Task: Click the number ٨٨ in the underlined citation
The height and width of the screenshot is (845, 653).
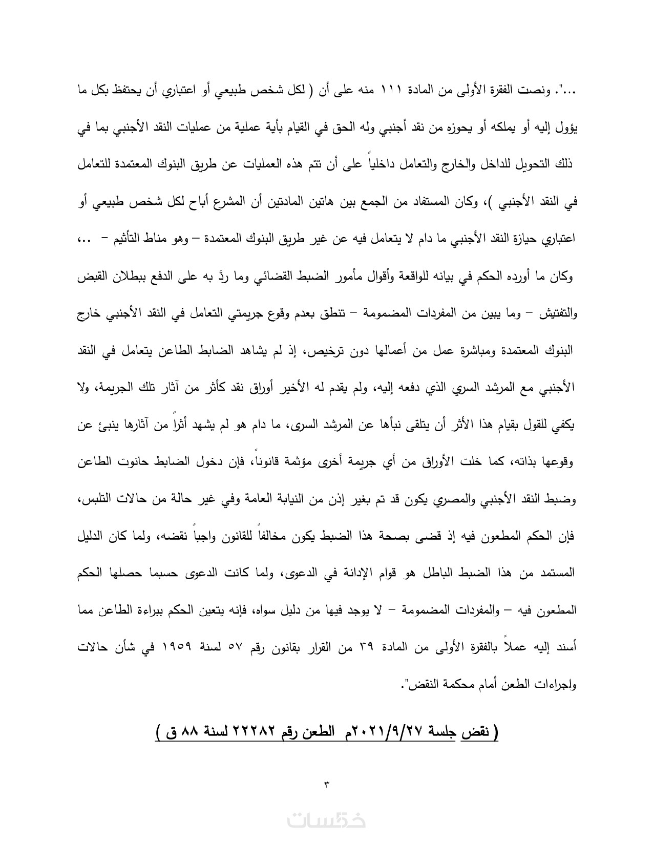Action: point(184,731)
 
